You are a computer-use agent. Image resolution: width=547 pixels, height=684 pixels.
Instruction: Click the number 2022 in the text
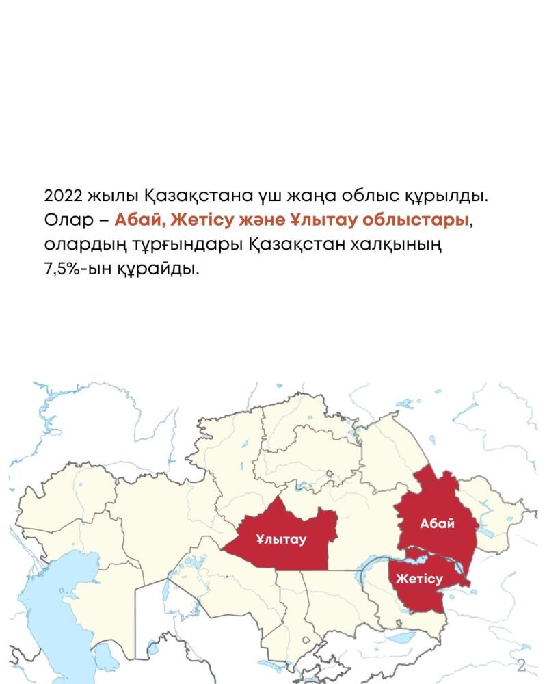[x=63, y=196]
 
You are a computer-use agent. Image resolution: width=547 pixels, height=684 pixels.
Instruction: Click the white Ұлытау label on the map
[x=281, y=539]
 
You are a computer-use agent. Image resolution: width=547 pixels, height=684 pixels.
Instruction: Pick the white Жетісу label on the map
[x=419, y=579]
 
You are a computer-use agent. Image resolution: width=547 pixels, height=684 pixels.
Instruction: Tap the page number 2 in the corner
[x=521, y=665]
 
